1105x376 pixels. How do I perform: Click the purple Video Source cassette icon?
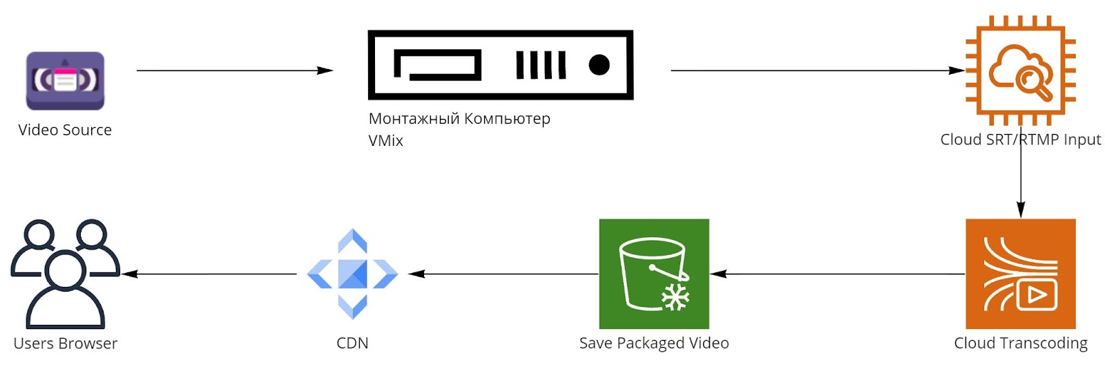point(65,81)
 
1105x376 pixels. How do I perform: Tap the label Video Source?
point(65,130)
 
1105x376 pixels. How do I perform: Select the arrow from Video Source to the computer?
point(234,70)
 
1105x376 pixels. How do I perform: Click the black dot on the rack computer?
point(599,65)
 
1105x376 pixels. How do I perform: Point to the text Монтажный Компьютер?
point(459,119)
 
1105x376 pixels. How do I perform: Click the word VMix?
point(385,141)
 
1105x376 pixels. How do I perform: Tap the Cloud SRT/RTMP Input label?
point(1020,140)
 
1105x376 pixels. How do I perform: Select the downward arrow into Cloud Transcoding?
point(1021,180)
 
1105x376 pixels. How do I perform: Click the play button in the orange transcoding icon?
point(1036,295)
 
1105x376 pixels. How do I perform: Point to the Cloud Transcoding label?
point(1020,344)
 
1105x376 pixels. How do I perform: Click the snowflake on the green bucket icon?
point(675,297)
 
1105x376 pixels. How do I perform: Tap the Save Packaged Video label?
point(653,344)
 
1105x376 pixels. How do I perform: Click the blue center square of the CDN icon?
point(352,274)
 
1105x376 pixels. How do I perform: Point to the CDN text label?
point(352,344)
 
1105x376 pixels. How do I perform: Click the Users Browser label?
point(66,344)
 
